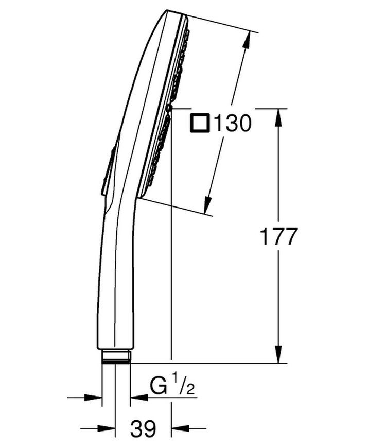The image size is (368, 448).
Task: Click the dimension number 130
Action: [x=233, y=123]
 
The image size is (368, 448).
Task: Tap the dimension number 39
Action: [x=143, y=428]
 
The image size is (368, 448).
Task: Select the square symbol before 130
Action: [x=200, y=123]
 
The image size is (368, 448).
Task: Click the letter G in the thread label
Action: [x=159, y=387]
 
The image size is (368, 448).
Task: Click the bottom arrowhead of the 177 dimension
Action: [x=278, y=354]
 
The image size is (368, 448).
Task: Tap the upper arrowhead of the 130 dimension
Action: [x=247, y=41]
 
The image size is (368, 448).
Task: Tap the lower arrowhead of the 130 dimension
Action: [x=207, y=204]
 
